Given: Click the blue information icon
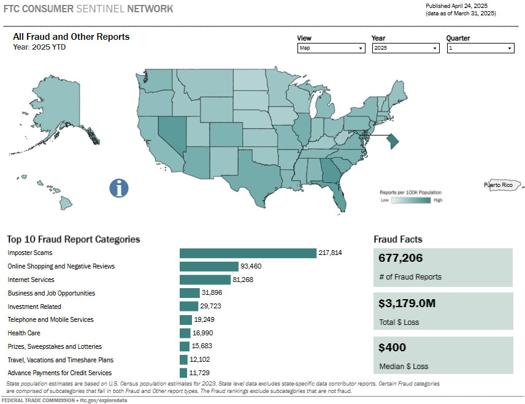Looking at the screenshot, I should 119,188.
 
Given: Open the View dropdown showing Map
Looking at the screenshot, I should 331,48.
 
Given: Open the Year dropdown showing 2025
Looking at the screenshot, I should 405,48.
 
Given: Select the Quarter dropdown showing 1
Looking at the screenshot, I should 480,48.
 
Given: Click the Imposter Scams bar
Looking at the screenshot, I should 247,253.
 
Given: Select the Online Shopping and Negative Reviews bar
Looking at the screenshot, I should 209,266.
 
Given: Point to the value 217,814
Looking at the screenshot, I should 330,253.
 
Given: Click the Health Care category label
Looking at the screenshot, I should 24,333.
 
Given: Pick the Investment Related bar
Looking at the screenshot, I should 189,307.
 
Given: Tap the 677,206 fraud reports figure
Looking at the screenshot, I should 400,259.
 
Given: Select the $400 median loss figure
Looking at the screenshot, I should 392,348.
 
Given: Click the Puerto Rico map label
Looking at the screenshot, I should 498,185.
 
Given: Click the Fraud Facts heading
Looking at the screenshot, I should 397,239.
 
